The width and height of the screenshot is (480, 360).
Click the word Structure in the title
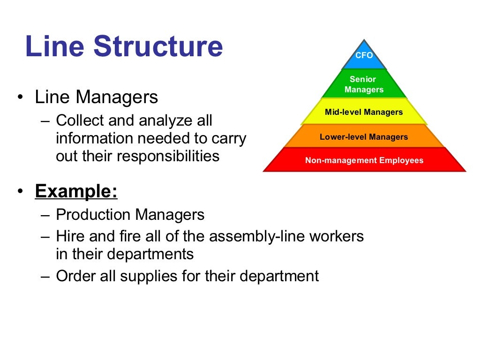(158, 46)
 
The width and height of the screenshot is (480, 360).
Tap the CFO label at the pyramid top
(364, 55)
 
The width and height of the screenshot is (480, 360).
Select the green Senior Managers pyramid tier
(364, 84)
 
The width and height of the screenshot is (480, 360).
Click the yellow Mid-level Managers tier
(364, 112)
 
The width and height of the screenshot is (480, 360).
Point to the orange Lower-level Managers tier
(364, 137)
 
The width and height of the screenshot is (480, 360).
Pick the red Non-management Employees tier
(364, 160)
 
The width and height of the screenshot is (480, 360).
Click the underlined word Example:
(76, 192)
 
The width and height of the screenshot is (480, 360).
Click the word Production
(93, 215)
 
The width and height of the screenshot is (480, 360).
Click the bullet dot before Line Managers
(20, 98)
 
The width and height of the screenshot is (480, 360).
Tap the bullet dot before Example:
(20, 192)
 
